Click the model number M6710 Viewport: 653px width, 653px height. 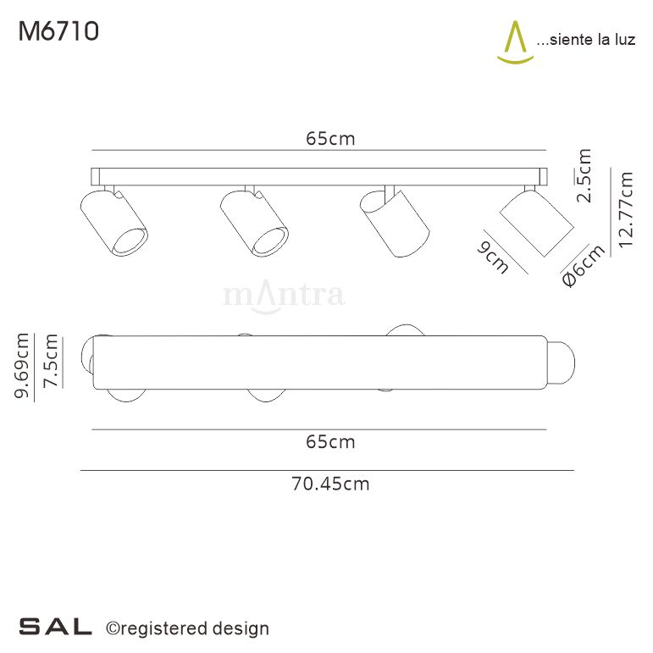tap(58, 31)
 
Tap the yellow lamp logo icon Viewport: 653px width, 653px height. tap(515, 42)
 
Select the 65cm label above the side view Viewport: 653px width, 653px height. tap(330, 139)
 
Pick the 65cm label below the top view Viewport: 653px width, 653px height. tap(330, 441)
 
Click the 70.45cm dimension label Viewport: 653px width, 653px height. tap(330, 484)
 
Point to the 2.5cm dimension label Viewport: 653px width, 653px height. tap(584, 175)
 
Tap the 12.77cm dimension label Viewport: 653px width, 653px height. tap(626, 208)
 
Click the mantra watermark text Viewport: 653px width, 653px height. tap(283, 295)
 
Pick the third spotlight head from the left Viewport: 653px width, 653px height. tap(394, 222)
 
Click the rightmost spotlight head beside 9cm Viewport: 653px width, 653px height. tap(537, 220)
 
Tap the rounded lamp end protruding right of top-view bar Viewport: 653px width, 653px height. tap(561, 362)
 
